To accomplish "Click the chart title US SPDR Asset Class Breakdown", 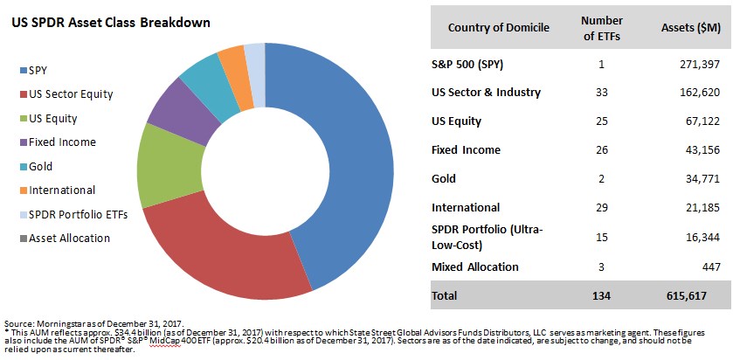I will click(x=111, y=23).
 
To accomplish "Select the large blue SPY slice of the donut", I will click(x=349, y=157).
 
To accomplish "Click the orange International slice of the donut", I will click(x=231, y=60).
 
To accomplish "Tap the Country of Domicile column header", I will click(x=498, y=27).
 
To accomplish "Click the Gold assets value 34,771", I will click(x=698, y=178).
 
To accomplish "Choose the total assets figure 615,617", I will click(x=695, y=295).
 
